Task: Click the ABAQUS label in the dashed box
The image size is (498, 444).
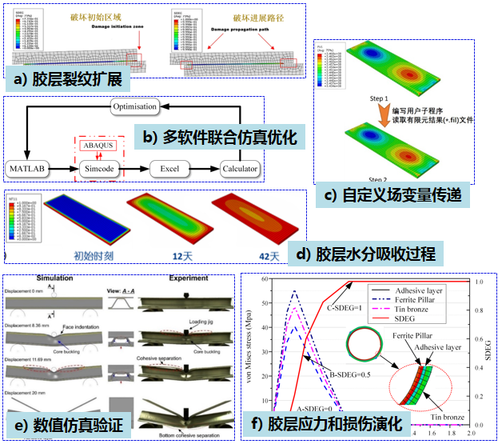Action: pos(98,145)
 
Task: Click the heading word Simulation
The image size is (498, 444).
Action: pos(55,277)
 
